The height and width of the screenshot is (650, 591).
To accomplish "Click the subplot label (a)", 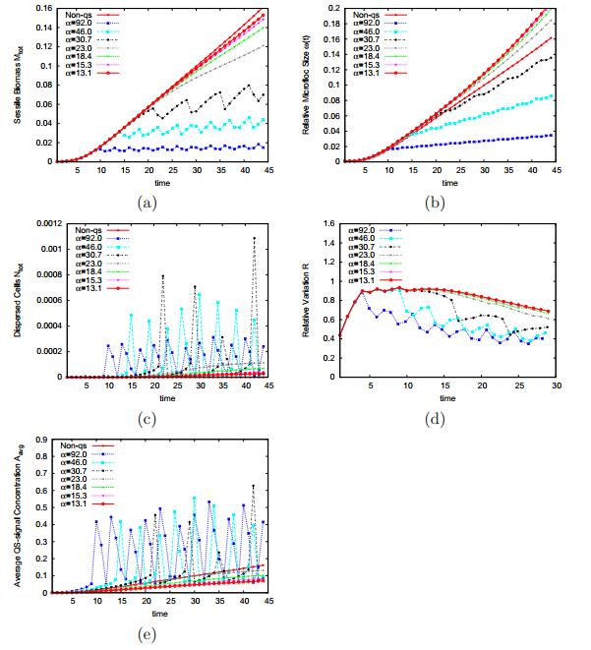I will pos(147,203).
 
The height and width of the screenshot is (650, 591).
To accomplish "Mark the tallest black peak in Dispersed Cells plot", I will pos(254,238).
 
